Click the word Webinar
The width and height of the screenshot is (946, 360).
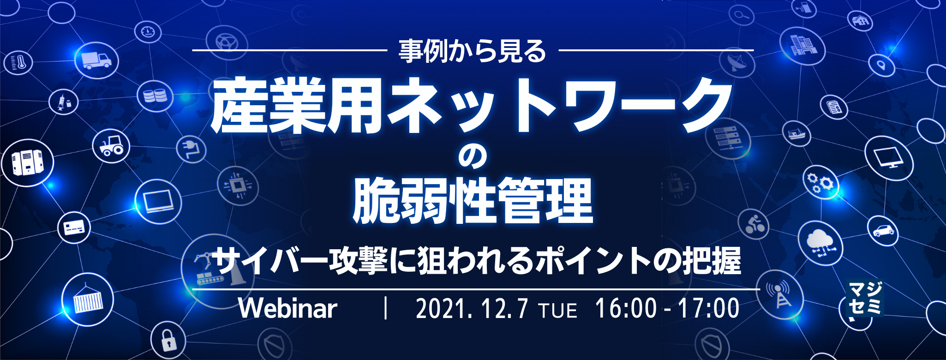tap(288, 308)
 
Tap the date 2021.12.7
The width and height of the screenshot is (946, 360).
tap(471, 309)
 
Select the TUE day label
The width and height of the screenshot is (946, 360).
tap(558, 311)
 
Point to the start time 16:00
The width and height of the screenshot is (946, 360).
tap(626, 308)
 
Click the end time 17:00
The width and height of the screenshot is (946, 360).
tap(708, 308)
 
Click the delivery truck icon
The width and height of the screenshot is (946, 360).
tap(96, 60)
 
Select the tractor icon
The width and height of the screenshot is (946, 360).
tap(111, 144)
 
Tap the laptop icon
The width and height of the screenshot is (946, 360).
tap(158, 201)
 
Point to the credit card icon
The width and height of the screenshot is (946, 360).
tap(74, 228)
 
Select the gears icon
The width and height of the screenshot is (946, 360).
tap(821, 182)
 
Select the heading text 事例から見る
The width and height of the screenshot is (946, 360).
tap(473, 51)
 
